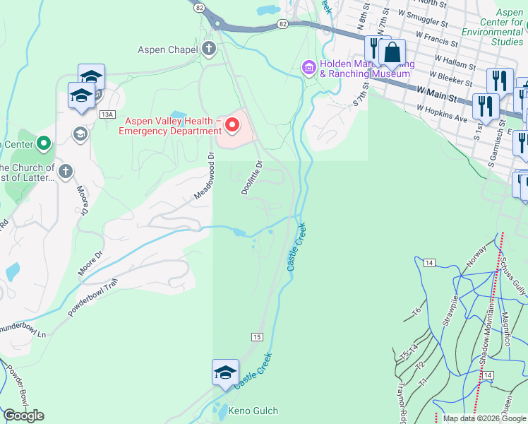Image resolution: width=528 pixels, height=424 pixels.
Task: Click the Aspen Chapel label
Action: (x=169, y=49)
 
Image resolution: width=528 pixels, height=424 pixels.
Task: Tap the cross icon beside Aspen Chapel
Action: (x=209, y=49)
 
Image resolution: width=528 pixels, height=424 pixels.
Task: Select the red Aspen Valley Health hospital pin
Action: (x=232, y=126)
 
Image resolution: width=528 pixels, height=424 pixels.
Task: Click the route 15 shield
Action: (x=257, y=337)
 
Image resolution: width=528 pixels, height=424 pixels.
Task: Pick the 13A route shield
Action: (x=107, y=114)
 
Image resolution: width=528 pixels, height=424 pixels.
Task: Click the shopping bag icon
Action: (x=392, y=53)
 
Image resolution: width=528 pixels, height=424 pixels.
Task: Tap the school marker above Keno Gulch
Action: (x=225, y=373)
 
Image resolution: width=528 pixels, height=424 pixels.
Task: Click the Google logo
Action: (x=24, y=416)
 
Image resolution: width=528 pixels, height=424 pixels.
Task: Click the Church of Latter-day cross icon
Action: (x=66, y=170)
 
